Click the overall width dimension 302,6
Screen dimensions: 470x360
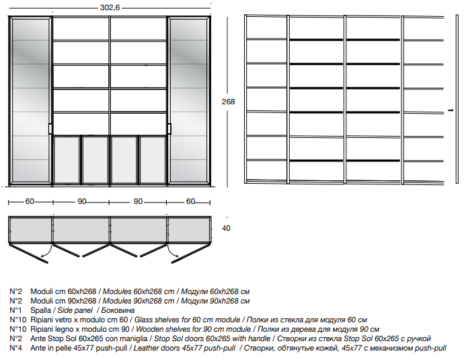(110, 7)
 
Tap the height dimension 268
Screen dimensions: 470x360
(228, 102)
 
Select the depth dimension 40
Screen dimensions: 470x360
(226, 228)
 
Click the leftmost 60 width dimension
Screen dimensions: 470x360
(30, 201)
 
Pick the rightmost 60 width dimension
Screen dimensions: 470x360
(191, 201)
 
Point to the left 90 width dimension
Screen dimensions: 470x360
(82, 201)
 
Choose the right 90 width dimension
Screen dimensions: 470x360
(138, 201)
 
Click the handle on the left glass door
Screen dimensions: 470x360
(50, 129)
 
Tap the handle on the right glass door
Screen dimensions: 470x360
(169, 129)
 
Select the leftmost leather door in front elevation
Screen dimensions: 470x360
(67, 159)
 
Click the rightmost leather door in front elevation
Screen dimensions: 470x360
(153, 159)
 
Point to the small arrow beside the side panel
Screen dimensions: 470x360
(451, 110)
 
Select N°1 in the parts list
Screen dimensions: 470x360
(15, 310)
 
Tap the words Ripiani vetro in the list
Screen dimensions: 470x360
(50, 320)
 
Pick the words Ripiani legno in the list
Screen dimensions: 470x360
(50, 329)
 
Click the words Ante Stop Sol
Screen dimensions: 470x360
(53, 338)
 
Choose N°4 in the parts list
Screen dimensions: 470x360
(15, 348)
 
